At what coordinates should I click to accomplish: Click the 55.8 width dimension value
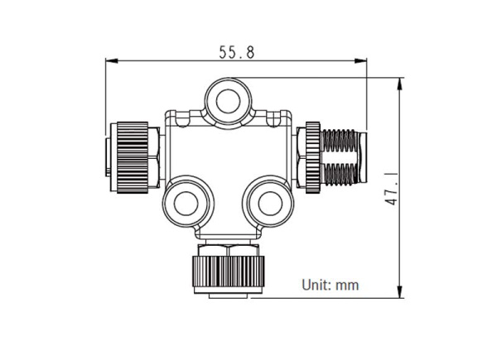[236, 50]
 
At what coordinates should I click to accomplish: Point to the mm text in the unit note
[347, 286]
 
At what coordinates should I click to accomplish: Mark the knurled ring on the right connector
[311, 157]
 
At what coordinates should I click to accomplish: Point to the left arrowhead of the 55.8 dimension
[110, 60]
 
